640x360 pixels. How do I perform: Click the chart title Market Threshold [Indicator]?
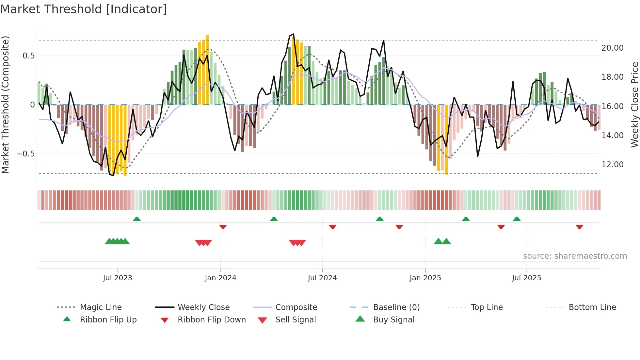click(x=84, y=9)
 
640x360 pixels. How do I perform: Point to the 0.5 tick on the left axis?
click(x=29, y=56)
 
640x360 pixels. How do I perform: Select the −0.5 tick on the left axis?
click(x=26, y=154)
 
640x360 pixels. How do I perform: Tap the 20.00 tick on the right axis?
click(x=612, y=48)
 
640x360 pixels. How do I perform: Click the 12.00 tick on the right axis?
click(x=612, y=165)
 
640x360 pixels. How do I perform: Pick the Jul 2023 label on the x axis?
click(x=118, y=278)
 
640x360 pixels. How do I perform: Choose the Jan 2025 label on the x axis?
click(x=425, y=278)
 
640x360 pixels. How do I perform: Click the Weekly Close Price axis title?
click(x=634, y=105)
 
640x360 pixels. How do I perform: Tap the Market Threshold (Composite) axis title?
click(x=5, y=105)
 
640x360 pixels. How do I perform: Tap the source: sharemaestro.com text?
click(x=575, y=256)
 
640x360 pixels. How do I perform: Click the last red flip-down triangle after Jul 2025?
click(x=579, y=227)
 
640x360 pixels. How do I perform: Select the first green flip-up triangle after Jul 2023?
click(x=137, y=219)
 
